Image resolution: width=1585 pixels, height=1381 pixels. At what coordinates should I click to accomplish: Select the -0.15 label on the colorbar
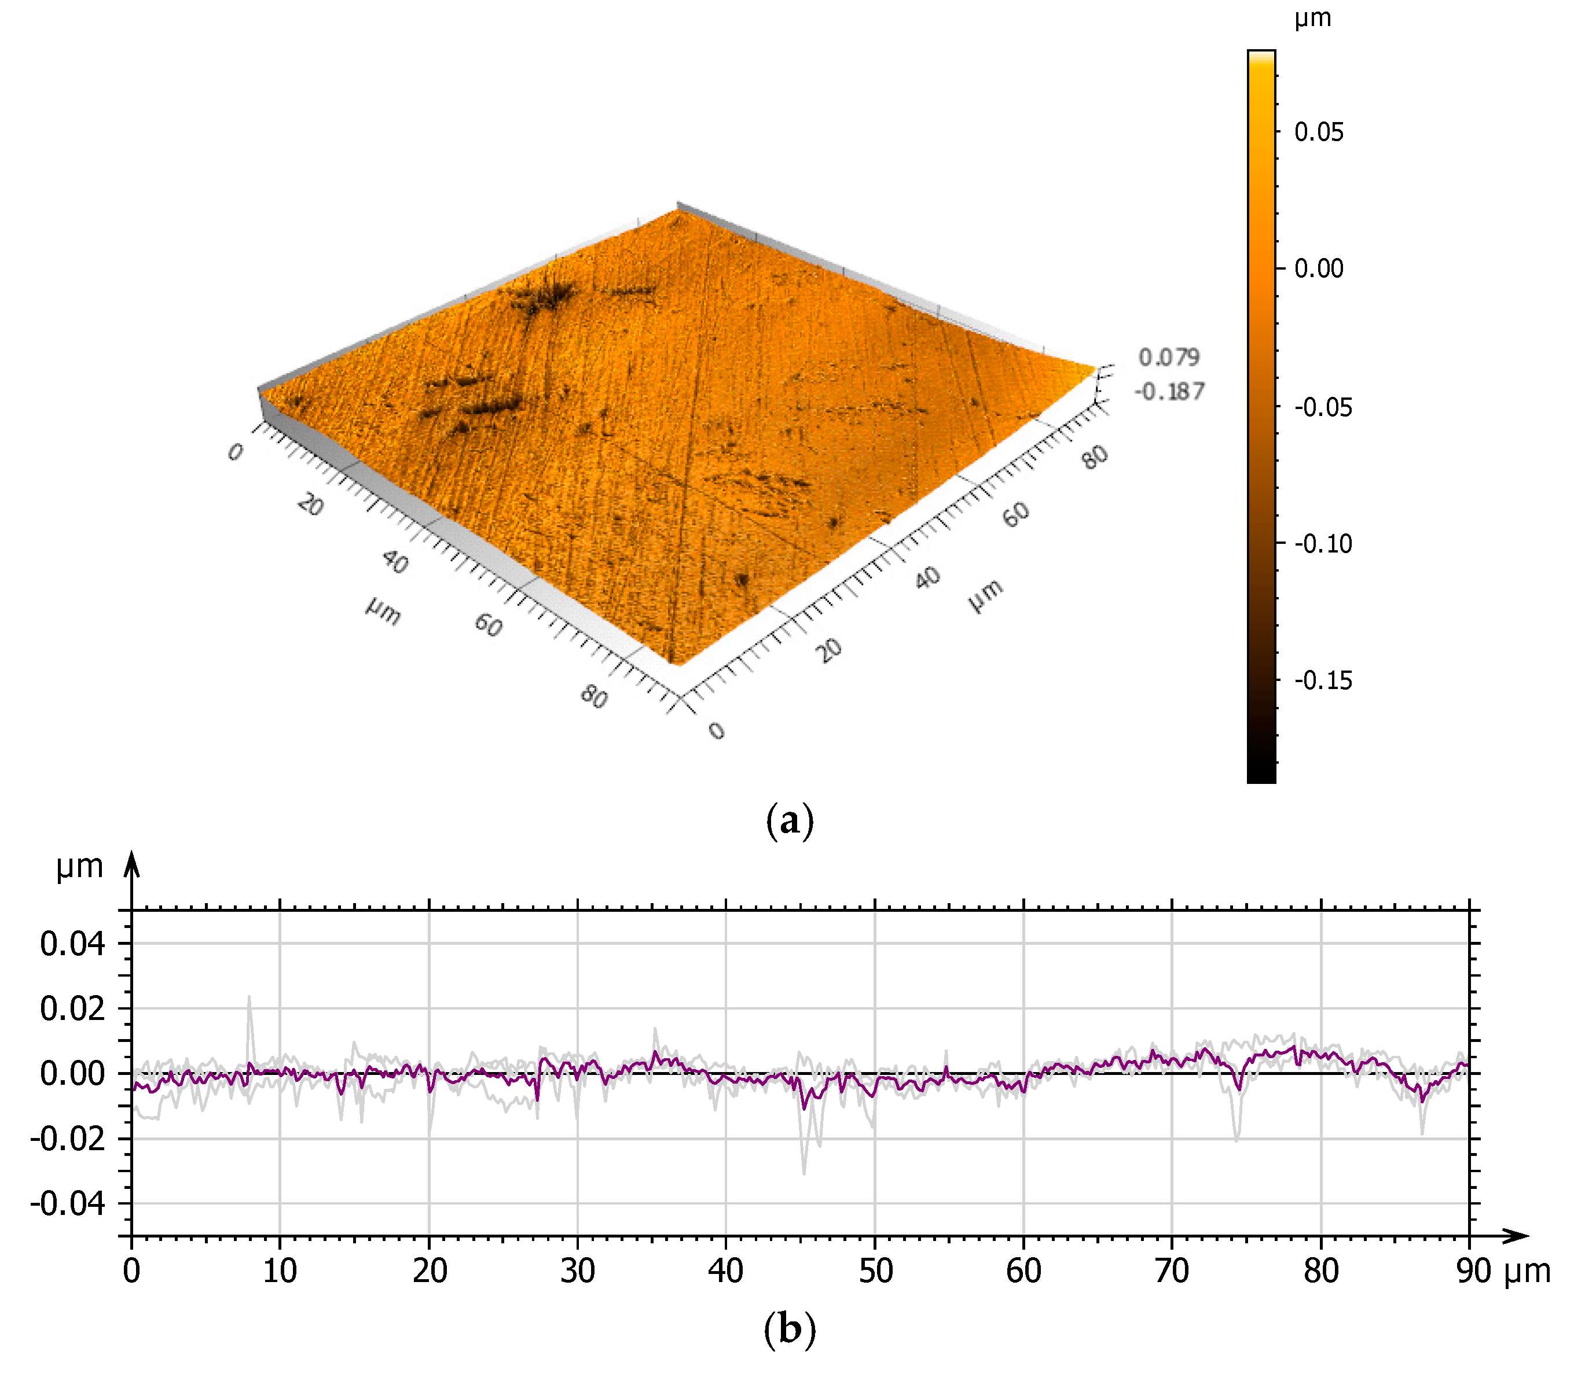pos(1322,680)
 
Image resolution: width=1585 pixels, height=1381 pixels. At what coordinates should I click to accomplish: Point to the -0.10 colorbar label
pos(1322,543)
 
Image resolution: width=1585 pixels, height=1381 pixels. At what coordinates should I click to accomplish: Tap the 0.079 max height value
pos(1169,357)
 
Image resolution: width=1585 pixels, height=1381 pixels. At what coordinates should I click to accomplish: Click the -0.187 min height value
pos(1169,392)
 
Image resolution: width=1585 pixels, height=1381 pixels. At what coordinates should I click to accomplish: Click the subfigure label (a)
pos(790,821)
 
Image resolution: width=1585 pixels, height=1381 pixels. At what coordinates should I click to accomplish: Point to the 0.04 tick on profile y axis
pos(72,943)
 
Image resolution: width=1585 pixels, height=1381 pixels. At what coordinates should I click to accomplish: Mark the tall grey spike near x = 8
pos(249,999)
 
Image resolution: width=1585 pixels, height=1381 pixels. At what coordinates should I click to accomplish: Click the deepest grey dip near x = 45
pos(804,1173)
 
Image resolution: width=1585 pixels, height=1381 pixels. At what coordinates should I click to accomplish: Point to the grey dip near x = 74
pos(1237,1139)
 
